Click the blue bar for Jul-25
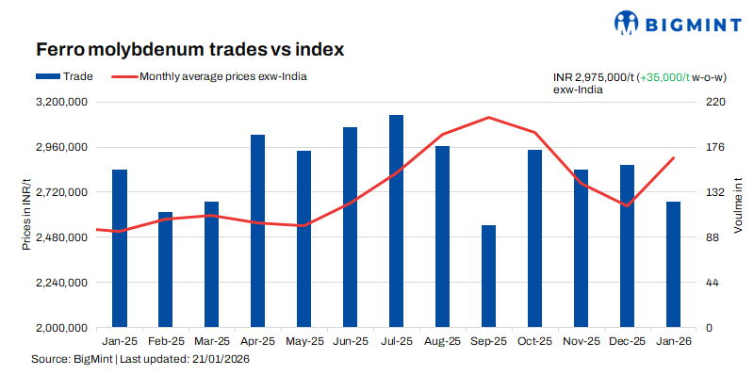point(396,221)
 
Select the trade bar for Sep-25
point(488,277)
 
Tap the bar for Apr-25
point(257,231)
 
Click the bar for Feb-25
point(165,269)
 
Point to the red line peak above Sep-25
point(488,118)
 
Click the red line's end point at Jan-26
point(673,158)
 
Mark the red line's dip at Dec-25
point(627,205)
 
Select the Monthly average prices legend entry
point(222,76)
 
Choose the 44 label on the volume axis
point(716,283)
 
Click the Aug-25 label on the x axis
point(442,342)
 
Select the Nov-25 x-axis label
point(581,342)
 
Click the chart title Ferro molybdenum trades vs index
point(188,47)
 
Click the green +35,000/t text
point(667,76)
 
